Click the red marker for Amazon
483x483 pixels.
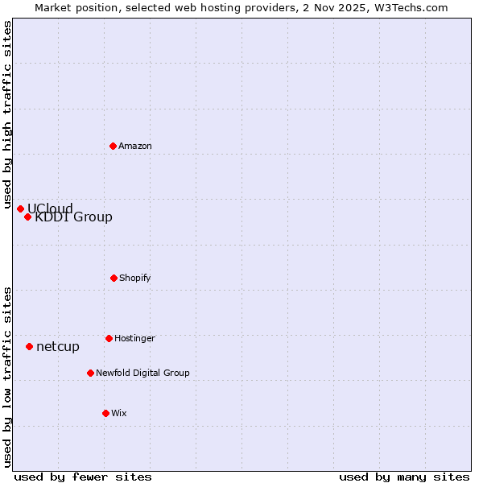point(113,146)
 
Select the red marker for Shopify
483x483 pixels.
point(114,278)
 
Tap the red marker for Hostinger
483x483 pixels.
point(109,338)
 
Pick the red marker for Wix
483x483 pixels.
point(105,413)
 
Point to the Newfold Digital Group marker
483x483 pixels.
point(90,373)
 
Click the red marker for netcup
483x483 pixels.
point(29,346)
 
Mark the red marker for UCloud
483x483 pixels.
point(20,208)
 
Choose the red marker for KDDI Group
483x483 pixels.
point(27,217)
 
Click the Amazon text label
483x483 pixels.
point(135,146)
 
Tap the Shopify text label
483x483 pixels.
point(135,278)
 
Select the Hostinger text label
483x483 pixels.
point(134,338)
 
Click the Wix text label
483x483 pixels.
point(119,413)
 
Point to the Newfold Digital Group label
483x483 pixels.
point(142,373)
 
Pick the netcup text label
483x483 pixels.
point(58,346)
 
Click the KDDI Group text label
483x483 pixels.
point(73,217)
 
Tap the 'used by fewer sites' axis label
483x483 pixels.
point(83,477)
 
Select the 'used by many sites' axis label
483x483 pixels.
point(404,477)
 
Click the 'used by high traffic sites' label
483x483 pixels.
point(7,114)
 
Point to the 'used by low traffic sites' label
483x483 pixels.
point(7,377)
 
